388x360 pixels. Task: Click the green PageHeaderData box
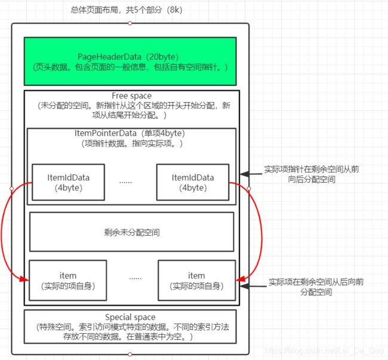130,61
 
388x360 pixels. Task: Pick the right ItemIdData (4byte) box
192,182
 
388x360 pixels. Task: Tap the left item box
67,280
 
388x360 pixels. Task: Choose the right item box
196,280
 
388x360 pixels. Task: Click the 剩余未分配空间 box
131,232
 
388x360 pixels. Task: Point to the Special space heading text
130,317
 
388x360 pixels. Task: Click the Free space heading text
131,96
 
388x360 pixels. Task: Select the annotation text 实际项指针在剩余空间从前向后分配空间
312,174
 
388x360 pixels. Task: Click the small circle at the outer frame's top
130,23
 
